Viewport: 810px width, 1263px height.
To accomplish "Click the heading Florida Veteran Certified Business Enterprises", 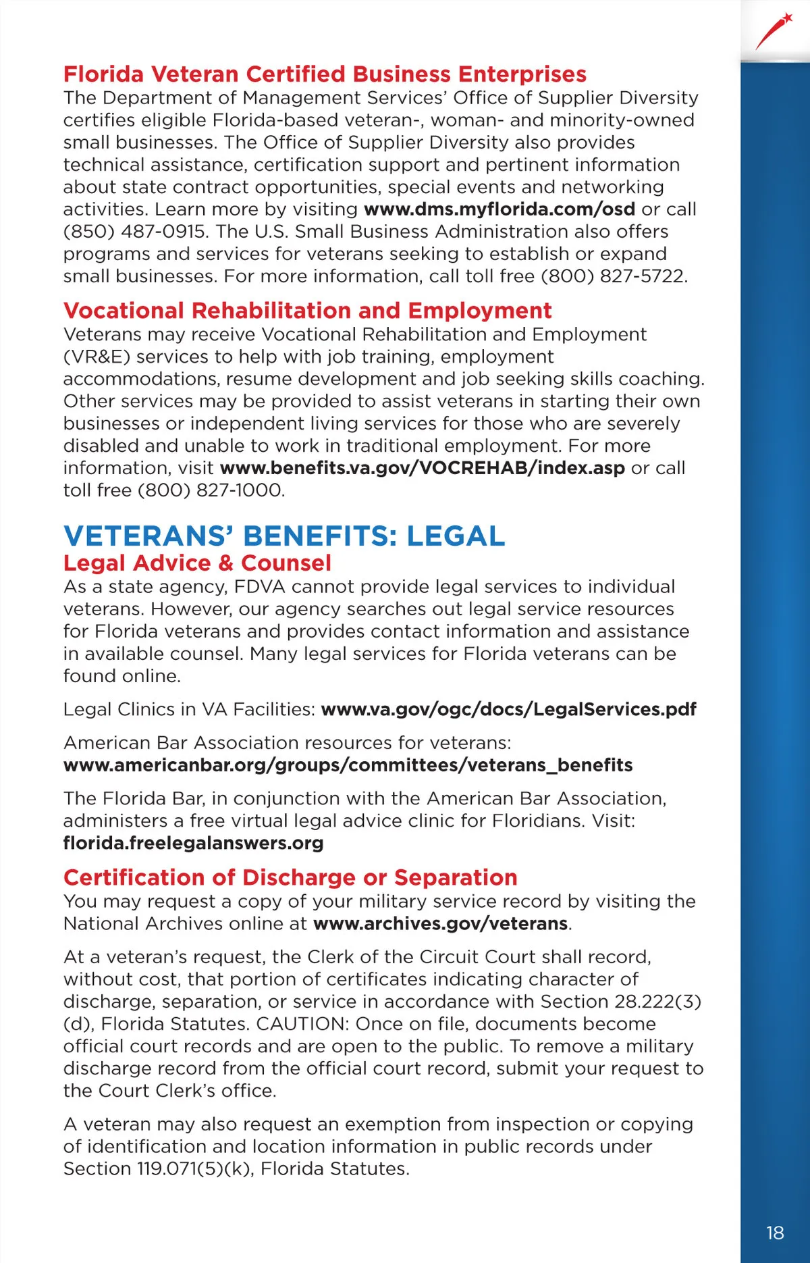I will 325,74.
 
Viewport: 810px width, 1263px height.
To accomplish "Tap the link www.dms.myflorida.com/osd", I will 499,209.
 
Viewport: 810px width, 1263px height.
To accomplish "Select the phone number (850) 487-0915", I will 134,232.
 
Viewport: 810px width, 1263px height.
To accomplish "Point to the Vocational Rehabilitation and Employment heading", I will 307,311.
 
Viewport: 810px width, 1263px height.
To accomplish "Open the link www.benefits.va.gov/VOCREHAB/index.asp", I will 422,468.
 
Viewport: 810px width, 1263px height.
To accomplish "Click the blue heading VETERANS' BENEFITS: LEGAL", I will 283,536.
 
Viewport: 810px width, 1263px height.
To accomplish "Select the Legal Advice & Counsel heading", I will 197,563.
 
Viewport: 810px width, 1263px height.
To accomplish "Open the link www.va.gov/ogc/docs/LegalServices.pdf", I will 508,710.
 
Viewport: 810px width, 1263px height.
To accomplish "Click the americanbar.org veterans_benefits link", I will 348,765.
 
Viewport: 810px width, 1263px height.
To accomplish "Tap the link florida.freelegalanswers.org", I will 193,844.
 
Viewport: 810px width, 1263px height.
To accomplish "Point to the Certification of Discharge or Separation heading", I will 290,877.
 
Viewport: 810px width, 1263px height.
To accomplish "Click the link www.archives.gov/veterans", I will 440,924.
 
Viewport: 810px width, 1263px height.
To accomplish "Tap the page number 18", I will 775,1233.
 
